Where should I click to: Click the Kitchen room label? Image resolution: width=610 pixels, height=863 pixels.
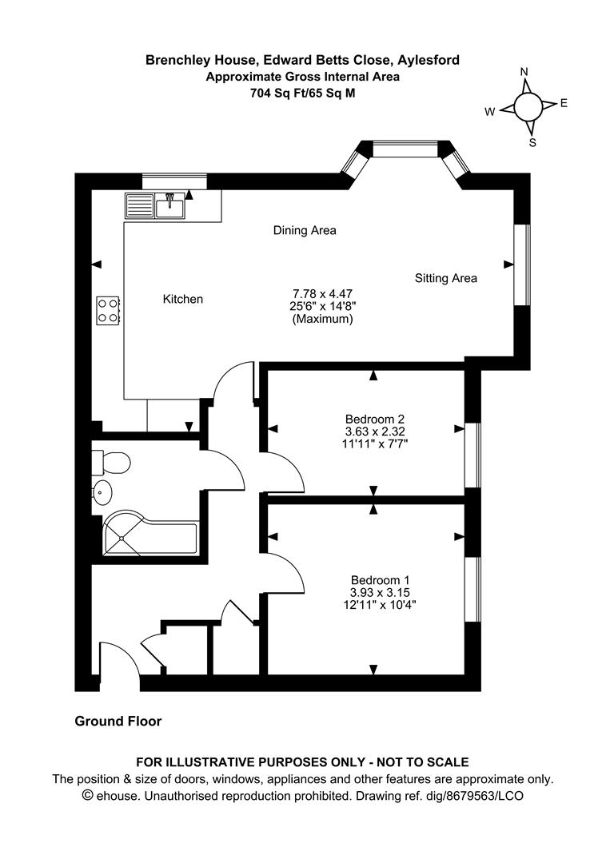pyautogui.click(x=183, y=299)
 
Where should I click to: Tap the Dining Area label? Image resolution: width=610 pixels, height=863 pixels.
pyautogui.click(x=305, y=230)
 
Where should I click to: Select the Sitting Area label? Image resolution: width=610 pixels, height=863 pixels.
pyautogui.click(x=445, y=278)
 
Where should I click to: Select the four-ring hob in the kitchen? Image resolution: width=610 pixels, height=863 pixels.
pyautogui.click(x=108, y=310)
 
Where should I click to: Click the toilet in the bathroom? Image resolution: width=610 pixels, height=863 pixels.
pyautogui.click(x=110, y=463)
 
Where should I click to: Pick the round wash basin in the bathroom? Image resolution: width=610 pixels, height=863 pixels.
pyautogui.click(x=102, y=493)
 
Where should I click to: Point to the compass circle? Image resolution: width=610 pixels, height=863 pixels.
pyautogui.click(x=527, y=106)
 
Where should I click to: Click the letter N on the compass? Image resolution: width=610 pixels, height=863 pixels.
pyautogui.click(x=524, y=72)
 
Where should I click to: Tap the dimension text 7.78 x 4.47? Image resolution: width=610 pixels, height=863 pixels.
pyautogui.click(x=322, y=293)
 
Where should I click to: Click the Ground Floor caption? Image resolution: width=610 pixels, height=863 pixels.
pyautogui.click(x=118, y=722)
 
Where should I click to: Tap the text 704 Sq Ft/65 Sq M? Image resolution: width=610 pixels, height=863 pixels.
pyautogui.click(x=302, y=92)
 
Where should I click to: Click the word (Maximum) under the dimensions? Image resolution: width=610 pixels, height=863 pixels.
pyautogui.click(x=322, y=319)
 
